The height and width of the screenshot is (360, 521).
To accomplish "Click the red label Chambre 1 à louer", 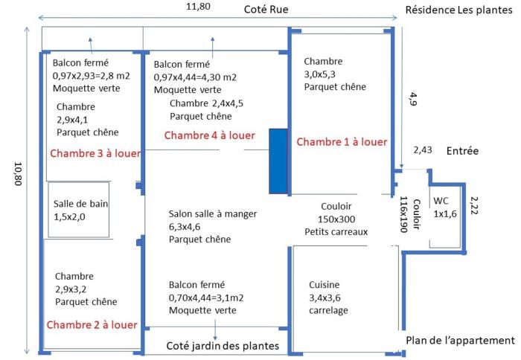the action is coord(342,142).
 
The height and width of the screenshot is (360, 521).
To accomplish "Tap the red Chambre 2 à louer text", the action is coord(92,325).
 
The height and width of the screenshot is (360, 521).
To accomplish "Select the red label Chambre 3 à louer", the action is coord(95,153).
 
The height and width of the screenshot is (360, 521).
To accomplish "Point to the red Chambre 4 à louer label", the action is coord(210,135).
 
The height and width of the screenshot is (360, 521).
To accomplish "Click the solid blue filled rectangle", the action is coord(278,161).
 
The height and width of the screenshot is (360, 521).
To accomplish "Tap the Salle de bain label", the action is coord(80,204).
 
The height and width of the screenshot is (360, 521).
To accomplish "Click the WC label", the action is coord(441,201).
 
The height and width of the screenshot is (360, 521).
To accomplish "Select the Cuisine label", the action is coord(325,285).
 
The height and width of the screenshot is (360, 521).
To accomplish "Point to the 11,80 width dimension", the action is coord(198,6).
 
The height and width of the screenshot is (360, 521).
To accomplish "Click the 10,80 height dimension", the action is coord(18,174).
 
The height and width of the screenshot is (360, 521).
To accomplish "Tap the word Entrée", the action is coord(462,151).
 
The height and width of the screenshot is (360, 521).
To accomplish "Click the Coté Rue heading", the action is coord(266,10).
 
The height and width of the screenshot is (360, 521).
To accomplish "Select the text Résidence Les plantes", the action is coord(459,10).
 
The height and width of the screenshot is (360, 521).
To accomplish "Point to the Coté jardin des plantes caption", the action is coord(223,346).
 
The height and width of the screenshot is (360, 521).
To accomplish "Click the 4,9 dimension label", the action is coord(413,99).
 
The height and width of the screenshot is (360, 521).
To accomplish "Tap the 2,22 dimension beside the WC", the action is coord(474,205).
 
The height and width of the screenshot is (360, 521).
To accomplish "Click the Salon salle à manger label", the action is coord(213,214).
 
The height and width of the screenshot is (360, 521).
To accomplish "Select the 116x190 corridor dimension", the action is coord(403,214).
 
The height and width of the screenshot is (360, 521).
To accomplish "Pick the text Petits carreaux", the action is coord(336,232).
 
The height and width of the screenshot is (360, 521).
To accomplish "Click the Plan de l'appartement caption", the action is coord(460,341).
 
